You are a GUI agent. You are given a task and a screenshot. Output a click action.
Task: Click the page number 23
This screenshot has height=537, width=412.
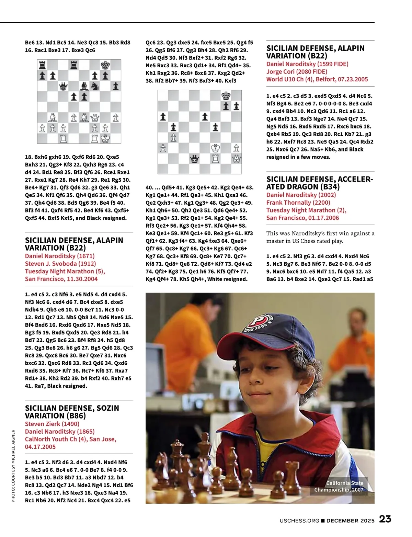[x=385, y=519]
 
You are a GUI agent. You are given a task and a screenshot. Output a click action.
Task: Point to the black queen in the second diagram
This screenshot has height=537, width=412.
[x=194, y=159]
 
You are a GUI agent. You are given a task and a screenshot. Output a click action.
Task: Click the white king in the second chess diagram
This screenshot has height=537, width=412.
[x=216, y=148]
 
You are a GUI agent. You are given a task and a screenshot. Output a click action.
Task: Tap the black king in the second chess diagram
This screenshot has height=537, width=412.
[x=226, y=95]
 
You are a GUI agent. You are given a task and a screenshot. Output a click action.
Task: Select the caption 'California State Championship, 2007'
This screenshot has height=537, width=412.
[x=339, y=486]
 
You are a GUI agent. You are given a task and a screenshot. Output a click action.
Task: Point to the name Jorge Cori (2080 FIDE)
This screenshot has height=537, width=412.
[x=297, y=71]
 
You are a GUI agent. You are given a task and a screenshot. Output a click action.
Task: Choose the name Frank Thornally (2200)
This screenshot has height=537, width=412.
[x=298, y=203]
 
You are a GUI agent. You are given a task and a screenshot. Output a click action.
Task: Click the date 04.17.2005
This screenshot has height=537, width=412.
[x=40, y=447]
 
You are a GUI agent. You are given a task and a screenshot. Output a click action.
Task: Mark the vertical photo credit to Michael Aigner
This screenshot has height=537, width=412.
[x=13, y=466]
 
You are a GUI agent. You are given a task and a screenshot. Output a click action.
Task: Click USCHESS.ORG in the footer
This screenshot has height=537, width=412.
[x=299, y=521]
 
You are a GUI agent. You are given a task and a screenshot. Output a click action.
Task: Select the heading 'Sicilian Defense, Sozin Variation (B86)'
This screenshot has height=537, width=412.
[x=72, y=412]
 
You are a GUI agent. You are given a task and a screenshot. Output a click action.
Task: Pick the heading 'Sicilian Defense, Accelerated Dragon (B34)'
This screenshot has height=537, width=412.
[x=319, y=183]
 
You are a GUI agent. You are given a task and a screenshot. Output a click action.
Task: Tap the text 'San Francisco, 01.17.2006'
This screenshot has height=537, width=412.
[x=302, y=218]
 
